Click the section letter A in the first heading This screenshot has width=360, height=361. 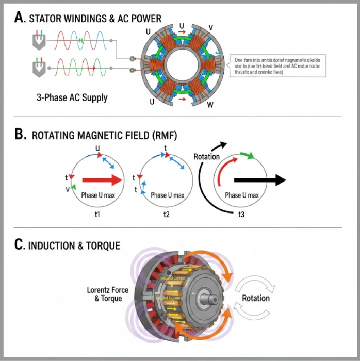tap(20, 18)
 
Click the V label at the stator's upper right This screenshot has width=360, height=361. tap(210, 27)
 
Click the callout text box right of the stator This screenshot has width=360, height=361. tap(276, 65)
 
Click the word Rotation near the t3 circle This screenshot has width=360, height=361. tap(206, 157)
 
